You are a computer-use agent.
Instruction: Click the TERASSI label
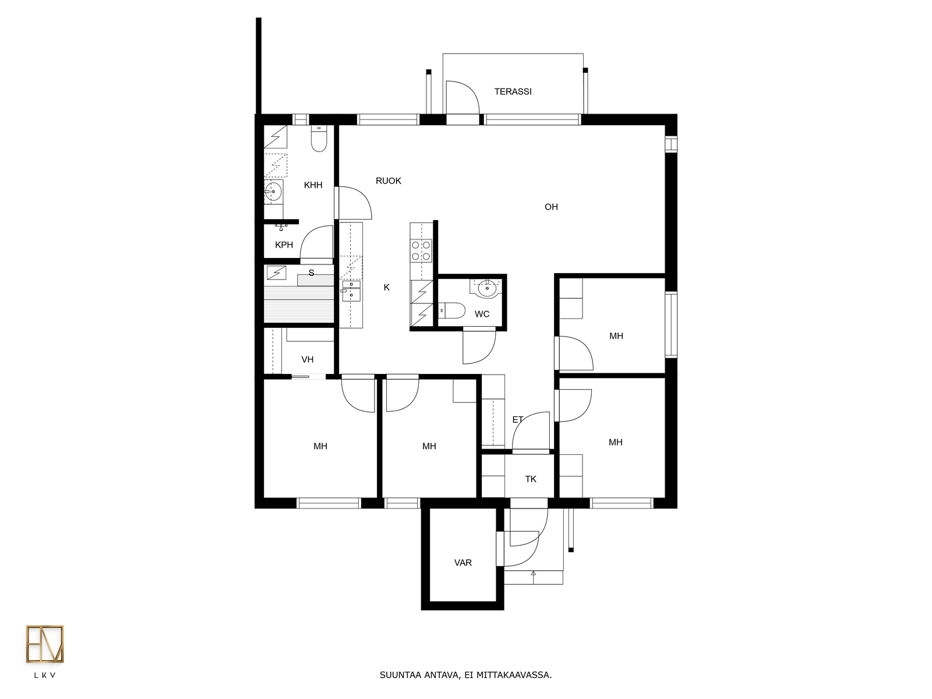tap(513, 91)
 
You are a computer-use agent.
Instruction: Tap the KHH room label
tap(313, 185)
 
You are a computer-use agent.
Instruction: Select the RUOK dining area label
tap(388, 181)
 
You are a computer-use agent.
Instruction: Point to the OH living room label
tap(551, 207)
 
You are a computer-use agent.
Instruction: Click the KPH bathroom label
tap(284, 245)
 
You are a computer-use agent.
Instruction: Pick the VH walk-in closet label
tap(308, 360)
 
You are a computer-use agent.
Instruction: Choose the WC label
tap(482, 314)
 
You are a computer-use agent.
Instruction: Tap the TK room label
tap(531, 479)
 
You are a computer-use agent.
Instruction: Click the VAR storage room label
tap(463, 563)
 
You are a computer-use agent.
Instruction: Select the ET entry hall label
tap(518, 420)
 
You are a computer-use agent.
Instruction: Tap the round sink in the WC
tap(486, 288)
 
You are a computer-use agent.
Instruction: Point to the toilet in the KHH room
tap(319, 139)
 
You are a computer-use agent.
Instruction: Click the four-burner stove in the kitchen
tap(421, 251)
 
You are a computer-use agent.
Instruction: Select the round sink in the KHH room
tap(273, 192)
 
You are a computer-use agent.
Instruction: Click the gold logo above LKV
tap(45, 644)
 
